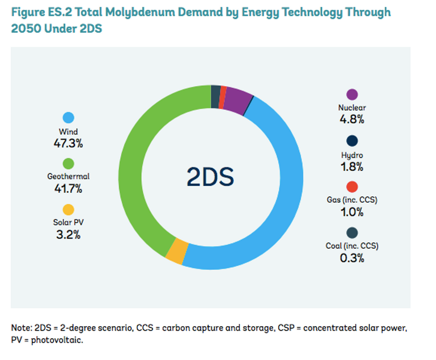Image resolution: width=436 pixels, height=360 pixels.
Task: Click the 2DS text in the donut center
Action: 210,177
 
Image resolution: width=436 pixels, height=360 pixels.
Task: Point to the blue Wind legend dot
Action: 68,118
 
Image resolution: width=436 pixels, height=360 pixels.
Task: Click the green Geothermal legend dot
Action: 68,164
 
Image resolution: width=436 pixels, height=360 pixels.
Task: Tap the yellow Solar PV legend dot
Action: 68,210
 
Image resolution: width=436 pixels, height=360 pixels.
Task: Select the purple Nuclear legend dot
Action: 352,95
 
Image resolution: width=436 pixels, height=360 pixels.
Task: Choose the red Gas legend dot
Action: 352,187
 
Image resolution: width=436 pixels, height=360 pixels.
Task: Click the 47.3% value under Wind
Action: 68,143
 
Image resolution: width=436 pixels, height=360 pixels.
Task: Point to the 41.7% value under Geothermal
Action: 68,189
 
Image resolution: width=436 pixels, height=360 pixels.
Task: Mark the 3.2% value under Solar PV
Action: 68,235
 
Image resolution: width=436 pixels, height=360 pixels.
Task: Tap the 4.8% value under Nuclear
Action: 352,120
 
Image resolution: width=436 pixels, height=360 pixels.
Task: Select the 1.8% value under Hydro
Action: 352,167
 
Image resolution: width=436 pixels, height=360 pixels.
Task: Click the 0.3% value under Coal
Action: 352,258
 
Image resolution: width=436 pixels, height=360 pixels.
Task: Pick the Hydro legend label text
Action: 352,156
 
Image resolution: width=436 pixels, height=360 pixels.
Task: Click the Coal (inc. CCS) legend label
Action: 352,246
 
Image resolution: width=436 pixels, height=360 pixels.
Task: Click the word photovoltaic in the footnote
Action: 57,339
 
